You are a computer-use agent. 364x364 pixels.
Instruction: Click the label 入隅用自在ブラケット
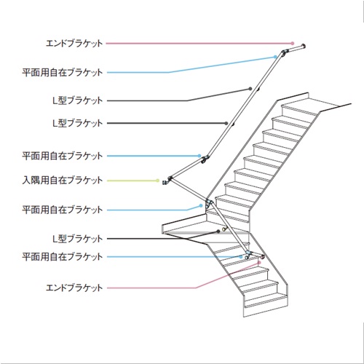pos(63,181)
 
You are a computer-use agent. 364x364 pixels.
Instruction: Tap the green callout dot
pos(157,181)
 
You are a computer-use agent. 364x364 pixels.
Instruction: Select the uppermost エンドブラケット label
pos(74,44)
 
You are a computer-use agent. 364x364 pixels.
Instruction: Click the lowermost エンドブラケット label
pos(74,288)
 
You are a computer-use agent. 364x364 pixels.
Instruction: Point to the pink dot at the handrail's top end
pos(293,44)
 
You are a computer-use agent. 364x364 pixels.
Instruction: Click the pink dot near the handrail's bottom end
pos(259,262)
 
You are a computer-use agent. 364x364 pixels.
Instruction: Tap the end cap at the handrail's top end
pos(303,46)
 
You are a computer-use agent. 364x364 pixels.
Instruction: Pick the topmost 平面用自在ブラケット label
pos(63,72)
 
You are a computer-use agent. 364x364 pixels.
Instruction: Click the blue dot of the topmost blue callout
pos(275,57)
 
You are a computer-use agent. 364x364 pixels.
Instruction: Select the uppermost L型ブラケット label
pos(78,100)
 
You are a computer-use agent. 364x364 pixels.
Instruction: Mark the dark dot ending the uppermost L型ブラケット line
pos(250,89)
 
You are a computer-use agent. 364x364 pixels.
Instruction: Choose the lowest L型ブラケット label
pos(78,239)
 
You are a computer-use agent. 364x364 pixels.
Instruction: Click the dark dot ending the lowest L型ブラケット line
pos(218,232)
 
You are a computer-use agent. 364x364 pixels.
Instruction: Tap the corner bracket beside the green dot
pos(167,181)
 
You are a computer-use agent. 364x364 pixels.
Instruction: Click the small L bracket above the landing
pos(224,229)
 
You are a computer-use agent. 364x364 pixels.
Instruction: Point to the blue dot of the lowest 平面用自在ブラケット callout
pos(241,256)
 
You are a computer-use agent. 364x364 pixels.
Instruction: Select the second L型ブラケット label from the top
pos(78,123)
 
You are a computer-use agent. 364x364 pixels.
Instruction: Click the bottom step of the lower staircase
pos(266,304)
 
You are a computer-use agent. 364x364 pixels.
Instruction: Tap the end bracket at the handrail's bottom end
pos(262,256)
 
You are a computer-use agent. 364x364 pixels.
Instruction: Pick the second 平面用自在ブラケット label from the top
pos(63,156)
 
